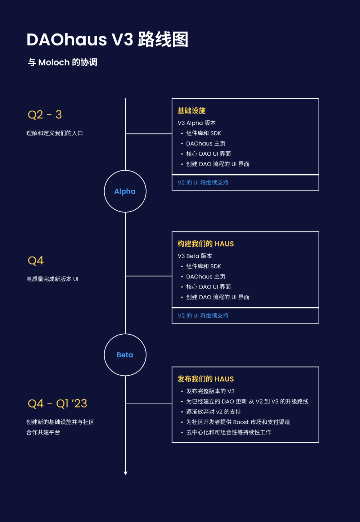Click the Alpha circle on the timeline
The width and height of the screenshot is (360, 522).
(125, 191)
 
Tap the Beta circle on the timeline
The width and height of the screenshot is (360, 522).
(125, 355)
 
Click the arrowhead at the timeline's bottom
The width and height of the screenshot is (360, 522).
(126, 473)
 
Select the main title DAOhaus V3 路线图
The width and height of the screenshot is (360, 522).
(107, 40)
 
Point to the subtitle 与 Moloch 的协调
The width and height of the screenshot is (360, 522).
(63, 62)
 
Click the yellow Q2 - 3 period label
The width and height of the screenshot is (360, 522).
(45, 115)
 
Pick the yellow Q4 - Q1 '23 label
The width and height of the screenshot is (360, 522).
(57, 403)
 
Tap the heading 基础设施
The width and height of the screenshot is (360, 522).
(192, 111)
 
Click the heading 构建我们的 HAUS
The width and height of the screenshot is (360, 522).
(206, 244)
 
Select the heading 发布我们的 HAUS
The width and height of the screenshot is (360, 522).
(206, 379)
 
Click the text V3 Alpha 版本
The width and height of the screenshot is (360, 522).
(197, 123)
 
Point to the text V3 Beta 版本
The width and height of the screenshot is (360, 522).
(195, 256)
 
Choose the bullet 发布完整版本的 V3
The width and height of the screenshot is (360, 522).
(210, 391)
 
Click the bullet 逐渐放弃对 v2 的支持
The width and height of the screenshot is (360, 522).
(213, 412)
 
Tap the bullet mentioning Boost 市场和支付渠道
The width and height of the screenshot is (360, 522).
(238, 422)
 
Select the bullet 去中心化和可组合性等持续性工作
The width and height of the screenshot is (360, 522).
(229, 432)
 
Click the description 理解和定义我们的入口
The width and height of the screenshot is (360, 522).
(55, 133)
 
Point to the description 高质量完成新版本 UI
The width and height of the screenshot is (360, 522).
(52, 279)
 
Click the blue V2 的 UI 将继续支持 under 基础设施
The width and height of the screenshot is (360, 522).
(203, 183)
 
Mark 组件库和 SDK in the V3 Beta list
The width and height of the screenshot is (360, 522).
(203, 267)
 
